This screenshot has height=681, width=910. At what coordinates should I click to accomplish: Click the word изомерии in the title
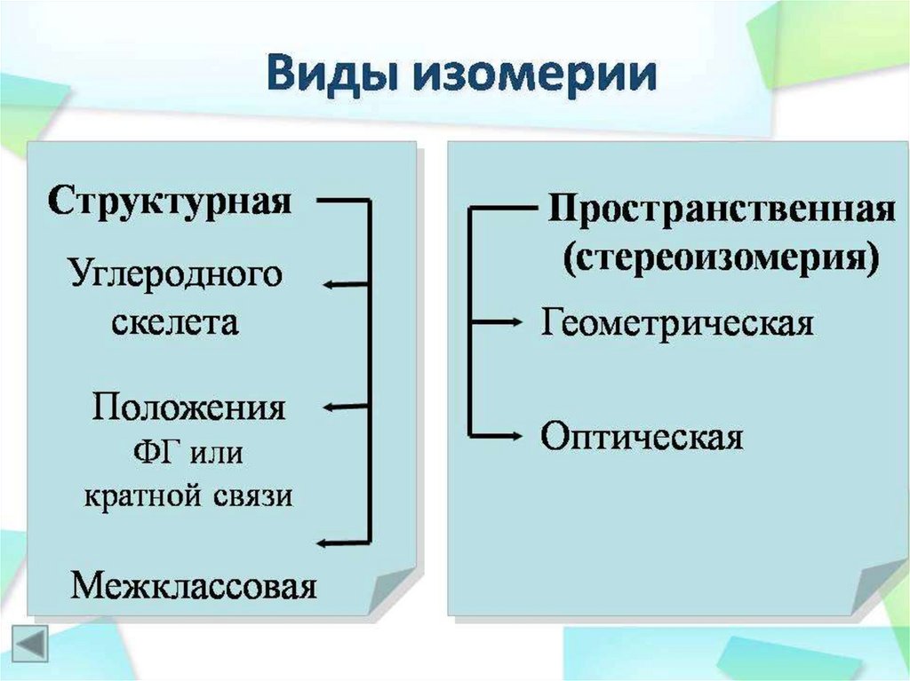tap(531, 75)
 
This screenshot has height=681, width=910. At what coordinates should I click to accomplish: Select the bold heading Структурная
tap(170, 199)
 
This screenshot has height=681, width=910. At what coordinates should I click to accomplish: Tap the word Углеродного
tap(175, 273)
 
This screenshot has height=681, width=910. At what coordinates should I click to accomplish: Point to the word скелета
tap(175, 321)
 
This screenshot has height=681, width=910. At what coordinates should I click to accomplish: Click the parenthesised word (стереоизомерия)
tap(721, 257)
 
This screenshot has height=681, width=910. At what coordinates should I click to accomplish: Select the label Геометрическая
tap(677, 322)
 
